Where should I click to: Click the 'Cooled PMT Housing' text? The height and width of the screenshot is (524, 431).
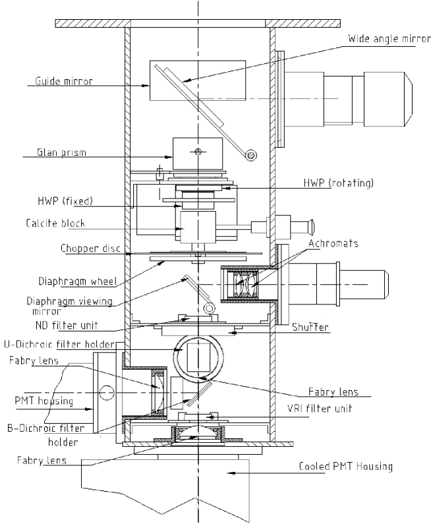click(346, 466)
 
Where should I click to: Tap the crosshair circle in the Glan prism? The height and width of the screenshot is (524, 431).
click(197, 152)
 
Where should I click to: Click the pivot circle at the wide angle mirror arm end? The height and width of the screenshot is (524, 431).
click(250, 154)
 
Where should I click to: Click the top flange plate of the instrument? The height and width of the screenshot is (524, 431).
click(198, 24)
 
